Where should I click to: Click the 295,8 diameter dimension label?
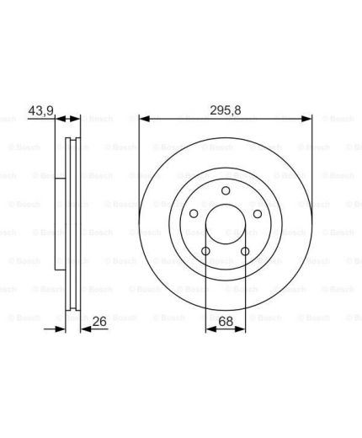click(x=226, y=110)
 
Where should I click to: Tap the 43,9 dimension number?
click(x=41, y=110)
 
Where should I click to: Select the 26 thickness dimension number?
click(x=99, y=322)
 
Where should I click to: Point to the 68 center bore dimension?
click(x=226, y=322)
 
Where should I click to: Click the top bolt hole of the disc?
click(x=226, y=190)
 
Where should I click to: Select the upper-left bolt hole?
click(x=194, y=214)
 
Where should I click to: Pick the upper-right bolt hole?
click(x=258, y=214)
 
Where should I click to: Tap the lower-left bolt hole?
click(x=205, y=251)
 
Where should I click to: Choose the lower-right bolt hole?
click(x=245, y=251)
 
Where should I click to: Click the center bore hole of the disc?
click(x=226, y=224)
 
